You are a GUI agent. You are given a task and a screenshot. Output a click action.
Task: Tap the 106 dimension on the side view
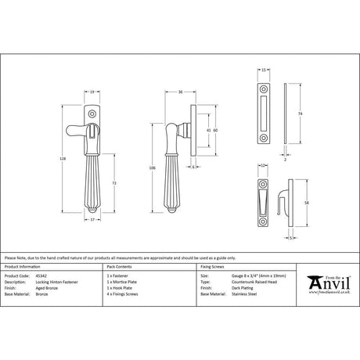coord(153,167)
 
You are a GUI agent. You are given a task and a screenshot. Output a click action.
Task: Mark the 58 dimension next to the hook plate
coord(295,201)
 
